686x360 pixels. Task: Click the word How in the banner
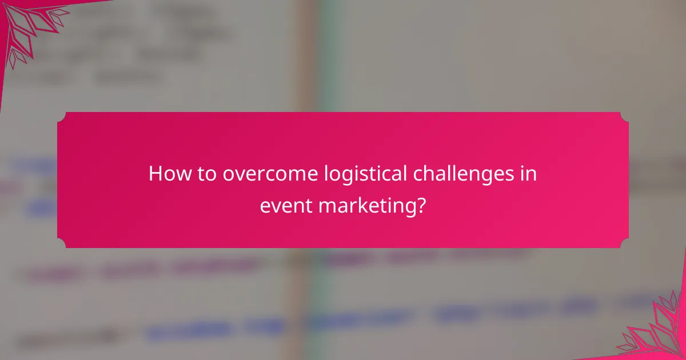pos(166,174)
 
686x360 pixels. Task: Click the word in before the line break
pos(529,174)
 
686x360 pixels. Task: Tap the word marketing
pos(366,206)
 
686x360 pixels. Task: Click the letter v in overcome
pos(237,175)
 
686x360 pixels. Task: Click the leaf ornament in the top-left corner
pos(29,29)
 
